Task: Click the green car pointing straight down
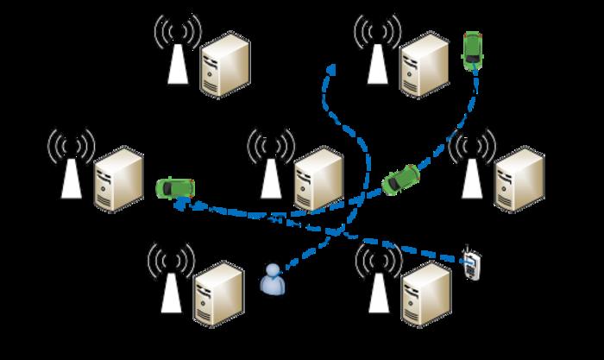pos(472,50)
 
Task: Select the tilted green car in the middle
pos(401,178)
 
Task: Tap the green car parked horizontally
pos(174,187)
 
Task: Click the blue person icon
pos(274,280)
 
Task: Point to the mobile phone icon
pos(470,264)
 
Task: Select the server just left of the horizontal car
pos(117,180)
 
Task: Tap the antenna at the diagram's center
pos(271,164)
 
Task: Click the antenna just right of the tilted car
pos(471,166)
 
